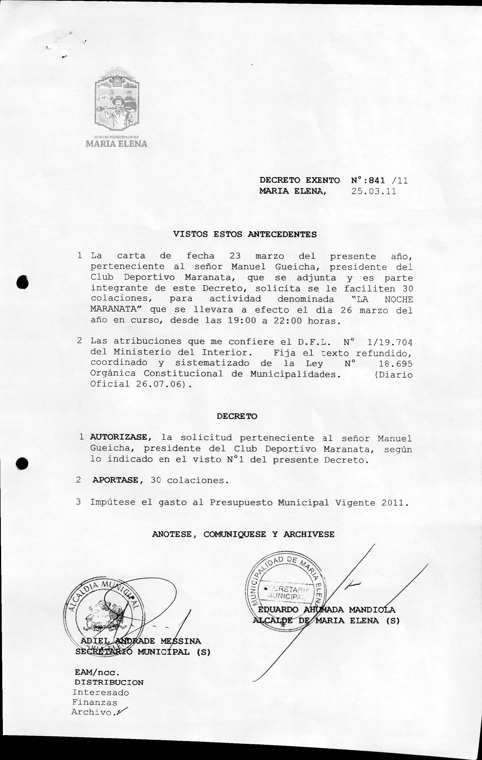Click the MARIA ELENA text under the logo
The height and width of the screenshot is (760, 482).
click(x=116, y=144)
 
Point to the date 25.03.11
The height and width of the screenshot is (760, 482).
click(x=374, y=192)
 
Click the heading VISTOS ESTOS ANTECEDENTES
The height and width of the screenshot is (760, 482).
click(x=245, y=234)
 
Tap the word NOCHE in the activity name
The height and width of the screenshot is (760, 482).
click(x=399, y=299)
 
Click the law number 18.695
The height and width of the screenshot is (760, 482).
click(x=396, y=364)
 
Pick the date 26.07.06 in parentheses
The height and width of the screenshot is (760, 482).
click(x=159, y=384)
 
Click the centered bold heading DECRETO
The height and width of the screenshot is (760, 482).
click(x=237, y=416)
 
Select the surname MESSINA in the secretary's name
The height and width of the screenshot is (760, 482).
click(x=180, y=641)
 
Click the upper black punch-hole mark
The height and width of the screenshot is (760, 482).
click(x=23, y=282)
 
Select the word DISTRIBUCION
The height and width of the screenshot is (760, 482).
click(x=109, y=682)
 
